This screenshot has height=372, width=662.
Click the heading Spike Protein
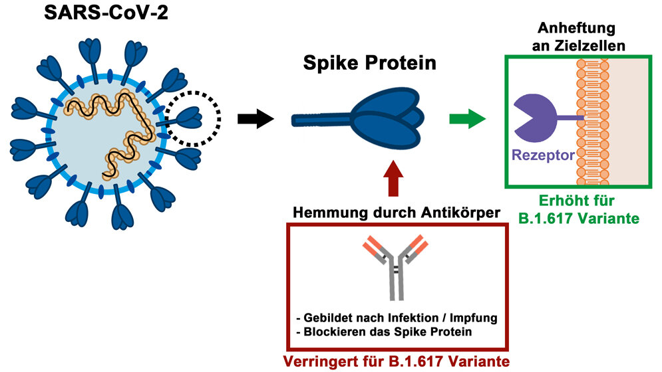pos(369,64)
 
